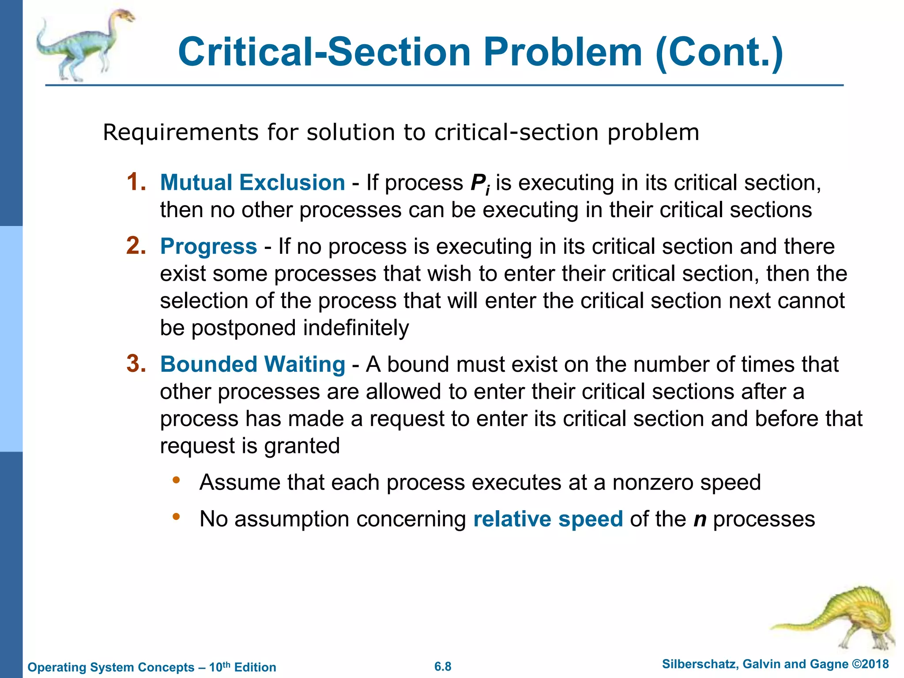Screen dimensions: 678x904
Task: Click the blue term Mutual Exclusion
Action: coord(252,183)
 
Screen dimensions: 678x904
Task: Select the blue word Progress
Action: coord(208,246)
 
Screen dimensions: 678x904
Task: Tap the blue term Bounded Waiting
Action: coord(252,365)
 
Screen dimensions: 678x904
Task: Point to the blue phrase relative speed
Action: coord(548,519)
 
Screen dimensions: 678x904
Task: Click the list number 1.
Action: coord(136,182)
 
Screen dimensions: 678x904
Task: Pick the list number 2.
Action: coord(136,245)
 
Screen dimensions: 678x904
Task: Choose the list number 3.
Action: coord(136,364)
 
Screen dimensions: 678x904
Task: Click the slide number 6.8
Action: coord(443,667)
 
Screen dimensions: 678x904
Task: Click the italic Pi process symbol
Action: coord(480,184)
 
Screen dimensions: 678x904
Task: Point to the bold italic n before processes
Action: coord(700,520)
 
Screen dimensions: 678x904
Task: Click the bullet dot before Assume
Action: coord(176,480)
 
